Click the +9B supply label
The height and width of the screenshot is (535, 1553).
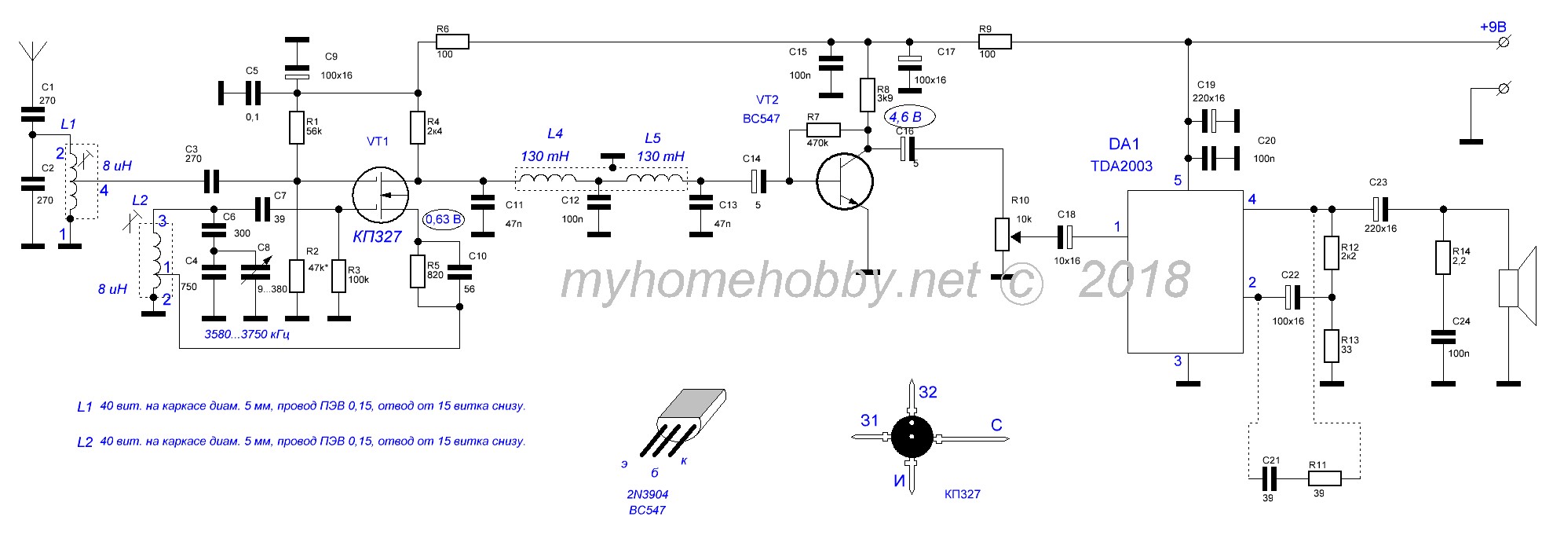(1493, 27)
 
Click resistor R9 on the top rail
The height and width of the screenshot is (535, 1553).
(994, 42)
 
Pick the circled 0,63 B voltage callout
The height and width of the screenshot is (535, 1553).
(443, 219)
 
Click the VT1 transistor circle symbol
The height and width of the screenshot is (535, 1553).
(380, 196)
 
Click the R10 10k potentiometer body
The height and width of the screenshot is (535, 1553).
(1002, 234)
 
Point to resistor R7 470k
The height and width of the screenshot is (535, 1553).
(823, 130)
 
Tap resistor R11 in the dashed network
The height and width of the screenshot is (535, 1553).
(1325, 478)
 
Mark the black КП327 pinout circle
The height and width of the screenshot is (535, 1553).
(911, 438)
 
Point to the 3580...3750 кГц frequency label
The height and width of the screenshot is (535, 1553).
(248, 335)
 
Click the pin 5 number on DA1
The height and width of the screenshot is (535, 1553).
(1177, 181)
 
